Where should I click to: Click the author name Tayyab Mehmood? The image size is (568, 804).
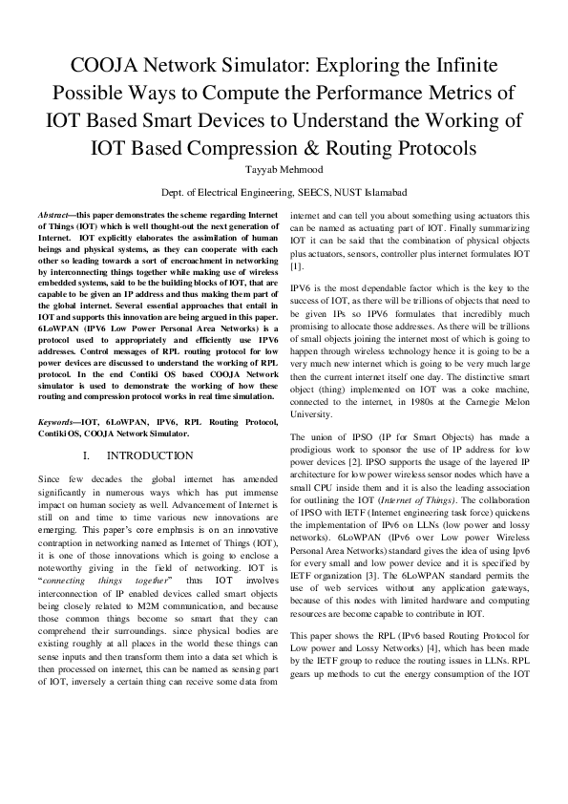pyautogui.click(x=284, y=170)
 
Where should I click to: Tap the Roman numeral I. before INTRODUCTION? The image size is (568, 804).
pyautogui.click(x=88, y=456)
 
